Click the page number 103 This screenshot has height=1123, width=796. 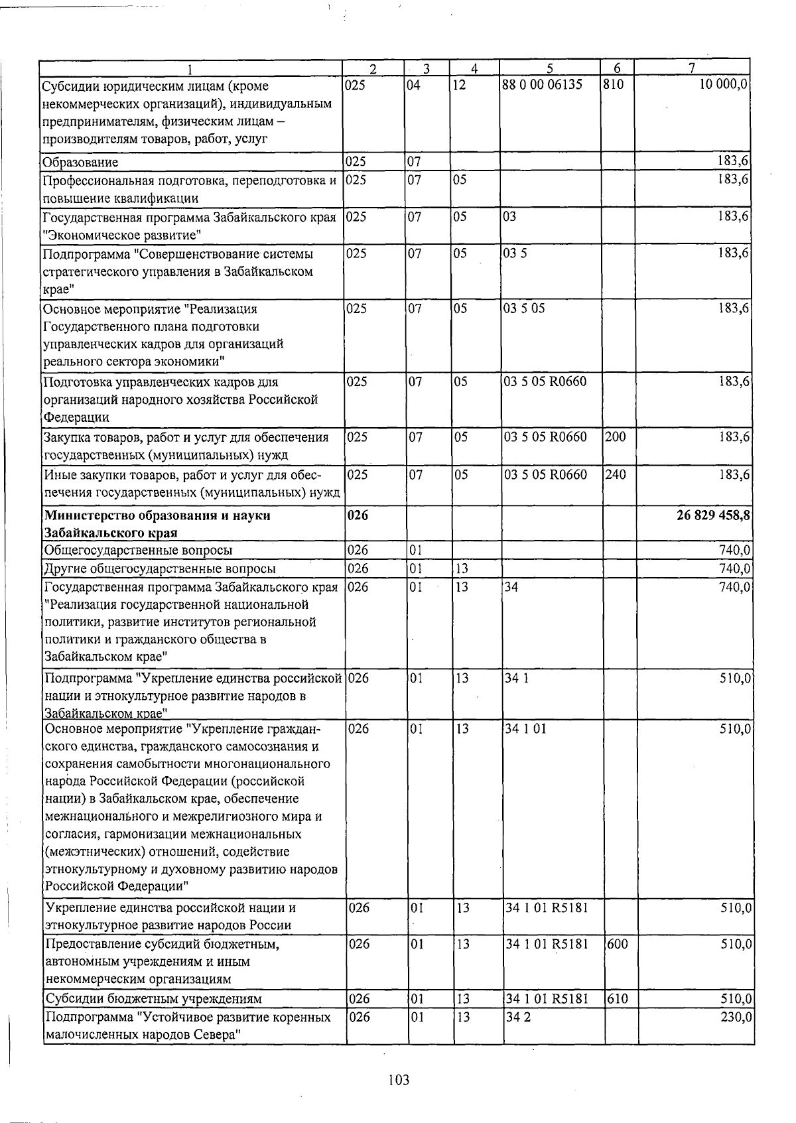tap(399, 1081)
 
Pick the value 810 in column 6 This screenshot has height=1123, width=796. tap(614, 86)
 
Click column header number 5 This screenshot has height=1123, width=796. tap(550, 68)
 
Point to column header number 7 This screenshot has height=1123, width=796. tap(691, 68)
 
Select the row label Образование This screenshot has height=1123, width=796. tap(80, 163)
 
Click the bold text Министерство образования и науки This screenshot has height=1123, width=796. tap(157, 515)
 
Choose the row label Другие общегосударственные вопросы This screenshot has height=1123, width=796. tap(160, 568)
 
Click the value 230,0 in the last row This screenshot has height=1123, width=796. tap(735, 1018)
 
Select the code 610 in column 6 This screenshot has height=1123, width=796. tap(617, 999)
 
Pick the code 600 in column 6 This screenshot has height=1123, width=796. tap(617, 944)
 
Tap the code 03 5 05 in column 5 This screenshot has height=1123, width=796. tap(525, 308)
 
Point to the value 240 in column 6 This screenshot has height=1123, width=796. tap(616, 475)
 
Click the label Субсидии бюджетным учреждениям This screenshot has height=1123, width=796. tap(153, 999)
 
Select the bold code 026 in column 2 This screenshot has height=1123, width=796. tap(358, 515)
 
